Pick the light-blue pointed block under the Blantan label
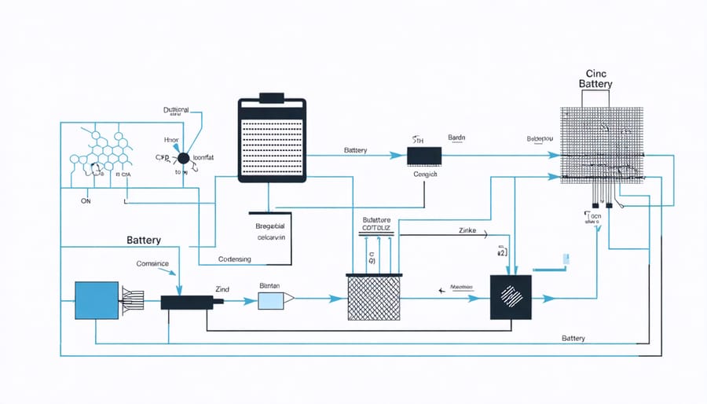click(275, 299)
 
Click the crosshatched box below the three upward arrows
click(375, 296)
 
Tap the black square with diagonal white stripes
click(511, 297)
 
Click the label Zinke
click(468, 232)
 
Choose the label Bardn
click(456, 138)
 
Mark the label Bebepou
click(540, 138)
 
